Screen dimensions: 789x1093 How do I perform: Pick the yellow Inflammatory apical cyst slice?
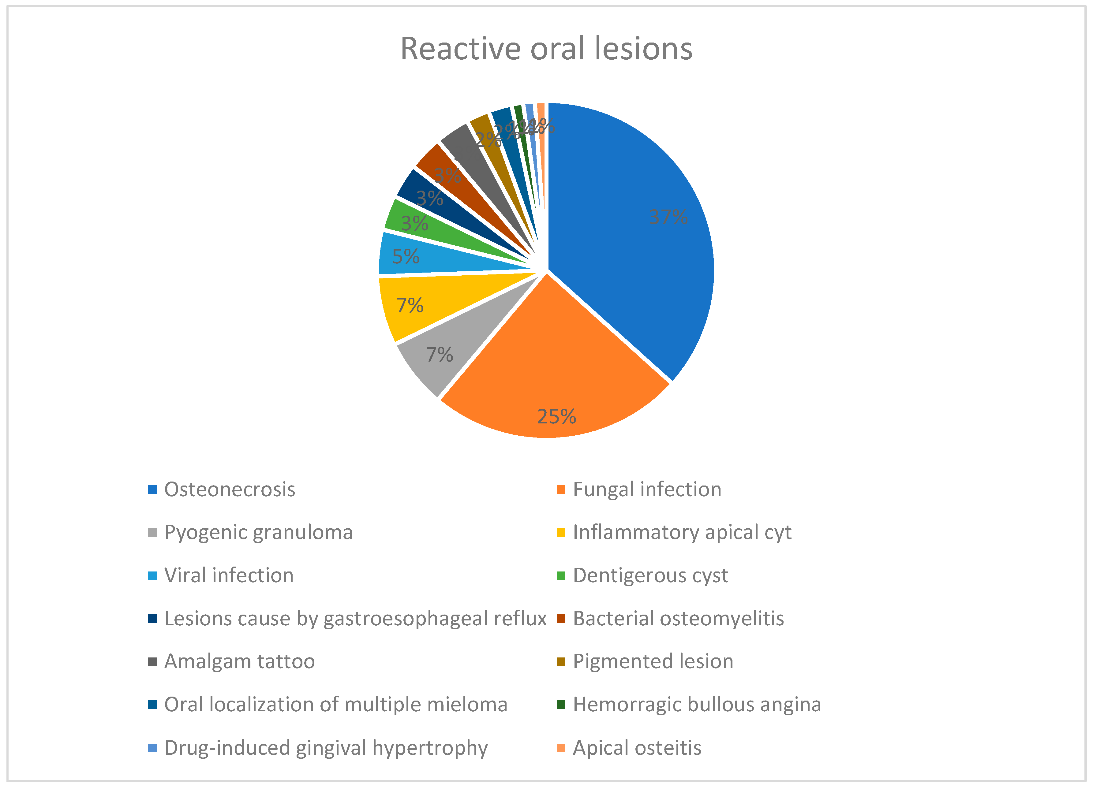[424, 303]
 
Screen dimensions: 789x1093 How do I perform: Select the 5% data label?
[406, 256]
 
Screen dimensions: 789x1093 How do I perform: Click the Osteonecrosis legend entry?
[229, 489]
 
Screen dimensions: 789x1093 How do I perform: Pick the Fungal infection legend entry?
[647, 489]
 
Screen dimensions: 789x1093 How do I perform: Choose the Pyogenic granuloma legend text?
[258, 532]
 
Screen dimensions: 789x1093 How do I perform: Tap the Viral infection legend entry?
[229, 575]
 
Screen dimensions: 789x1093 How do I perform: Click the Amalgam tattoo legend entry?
[240, 661]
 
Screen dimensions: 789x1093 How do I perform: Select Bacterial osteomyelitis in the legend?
[678, 619]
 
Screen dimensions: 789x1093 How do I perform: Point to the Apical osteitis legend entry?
[637, 748]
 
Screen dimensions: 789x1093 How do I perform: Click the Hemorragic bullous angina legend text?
[697, 705]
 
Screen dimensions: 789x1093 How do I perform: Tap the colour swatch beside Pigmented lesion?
[560, 662]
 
